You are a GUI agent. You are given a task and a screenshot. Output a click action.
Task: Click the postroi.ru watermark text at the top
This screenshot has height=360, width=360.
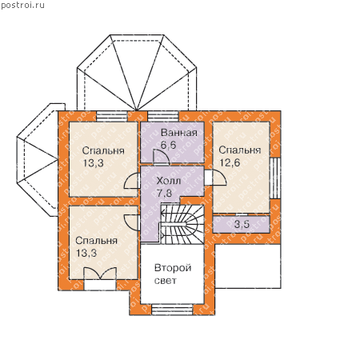pyautogui.click(x=22, y=6)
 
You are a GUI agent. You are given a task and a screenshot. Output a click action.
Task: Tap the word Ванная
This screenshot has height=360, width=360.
pyautogui.click(x=179, y=133)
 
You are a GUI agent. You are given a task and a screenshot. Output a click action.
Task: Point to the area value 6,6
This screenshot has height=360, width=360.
pyautogui.click(x=169, y=145)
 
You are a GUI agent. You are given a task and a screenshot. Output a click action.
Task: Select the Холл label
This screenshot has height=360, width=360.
pyautogui.click(x=169, y=181)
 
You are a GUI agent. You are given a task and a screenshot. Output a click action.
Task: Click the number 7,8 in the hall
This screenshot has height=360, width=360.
pyautogui.click(x=164, y=193)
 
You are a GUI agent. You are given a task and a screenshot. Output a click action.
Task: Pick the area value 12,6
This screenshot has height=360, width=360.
pyautogui.click(x=230, y=162)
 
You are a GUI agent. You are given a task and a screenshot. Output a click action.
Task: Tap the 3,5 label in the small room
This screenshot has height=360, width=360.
pyautogui.click(x=242, y=224)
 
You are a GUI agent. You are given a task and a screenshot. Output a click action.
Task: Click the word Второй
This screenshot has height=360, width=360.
pyautogui.click(x=173, y=268)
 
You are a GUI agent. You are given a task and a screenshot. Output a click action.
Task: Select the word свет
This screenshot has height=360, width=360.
pyautogui.click(x=166, y=281)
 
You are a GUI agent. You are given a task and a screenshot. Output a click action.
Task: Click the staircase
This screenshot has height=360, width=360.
pyautogui.click(x=182, y=224)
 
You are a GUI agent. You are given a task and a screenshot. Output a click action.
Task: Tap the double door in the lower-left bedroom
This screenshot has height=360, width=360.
pyautogui.click(x=100, y=274)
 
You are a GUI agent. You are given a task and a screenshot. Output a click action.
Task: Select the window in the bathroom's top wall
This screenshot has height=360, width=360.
pyautogui.click(x=163, y=117)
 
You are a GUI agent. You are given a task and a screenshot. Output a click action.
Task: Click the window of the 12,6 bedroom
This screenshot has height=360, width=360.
pyautogui.click(x=275, y=178)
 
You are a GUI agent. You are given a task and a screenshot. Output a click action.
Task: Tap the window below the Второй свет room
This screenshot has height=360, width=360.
pyautogui.click(x=173, y=310)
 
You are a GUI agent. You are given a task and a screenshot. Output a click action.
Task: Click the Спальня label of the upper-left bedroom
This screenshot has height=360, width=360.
pyautogui.click(x=103, y=151)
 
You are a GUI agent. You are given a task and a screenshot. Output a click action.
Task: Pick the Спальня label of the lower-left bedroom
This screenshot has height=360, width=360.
pyautogui.click(x=97, y=241)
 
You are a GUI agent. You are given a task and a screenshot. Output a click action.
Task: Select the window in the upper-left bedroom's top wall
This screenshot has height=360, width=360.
pyautogui.click(x=112, y=117)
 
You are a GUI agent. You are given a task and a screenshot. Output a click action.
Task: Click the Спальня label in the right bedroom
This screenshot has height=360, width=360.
pyautogui.click(x=240, y=150)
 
